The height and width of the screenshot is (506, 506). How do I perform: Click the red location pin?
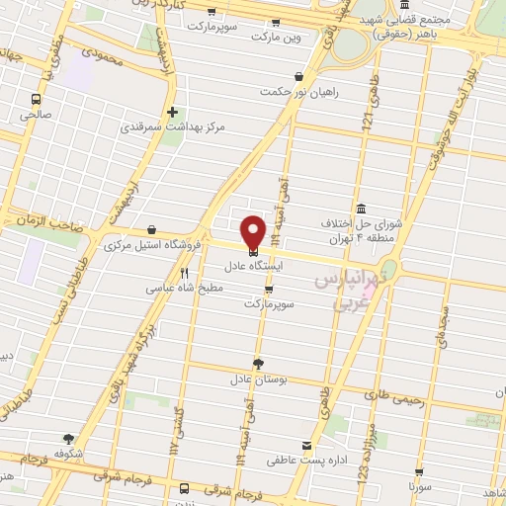coord(253,231)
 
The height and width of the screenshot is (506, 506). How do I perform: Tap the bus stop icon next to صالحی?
coord(37,99)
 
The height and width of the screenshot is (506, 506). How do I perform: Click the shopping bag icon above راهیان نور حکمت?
coord(298,76)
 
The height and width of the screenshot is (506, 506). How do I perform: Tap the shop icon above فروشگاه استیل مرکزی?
coord(150,228)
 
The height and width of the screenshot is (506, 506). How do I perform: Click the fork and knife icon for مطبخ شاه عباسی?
coord(184,273)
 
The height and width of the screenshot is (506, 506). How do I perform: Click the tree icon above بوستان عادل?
coord(259,363)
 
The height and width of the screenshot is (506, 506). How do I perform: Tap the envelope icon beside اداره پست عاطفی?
coord(306,446)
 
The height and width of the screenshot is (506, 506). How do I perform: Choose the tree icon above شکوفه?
coord(68,438)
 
